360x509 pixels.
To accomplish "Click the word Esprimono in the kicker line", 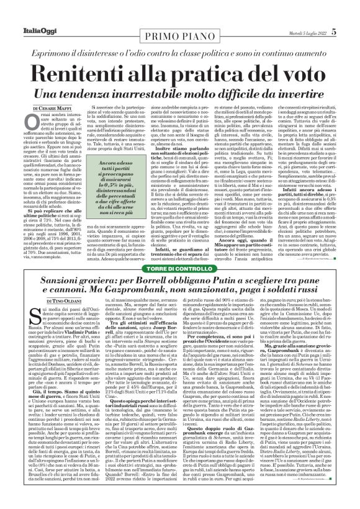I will pos(68,41).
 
